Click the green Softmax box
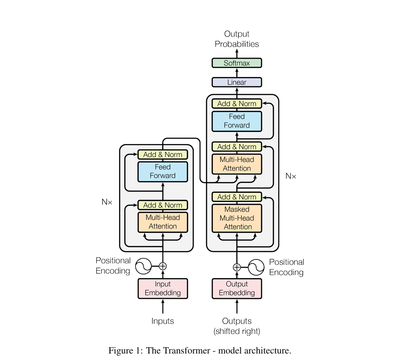pyautogui.click(x=237, y=63)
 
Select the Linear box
pyautogui.click(x=237, y=82)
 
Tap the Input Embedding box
pyautogui.click(x=163, y=289)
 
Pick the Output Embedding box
pyautogui.click(x=237, y=289)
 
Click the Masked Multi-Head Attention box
pyautogui.click(x=237, y=218)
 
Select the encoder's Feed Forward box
pyautogui.click(x=163, y=172)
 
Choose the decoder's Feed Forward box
pyautogui.click(x=237, y=121)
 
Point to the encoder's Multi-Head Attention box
pyautogui.click(x=163, y=222)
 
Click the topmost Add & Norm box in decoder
pyautogui.click(x=237, y=104)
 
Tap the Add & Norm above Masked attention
pyautogui.click(x=237, y=197)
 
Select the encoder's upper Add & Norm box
pyautogui.click(x=163, y=154)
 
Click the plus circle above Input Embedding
pyautogui.click(x=163, y=266)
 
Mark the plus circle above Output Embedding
pyautogui.click(x=237, y=267)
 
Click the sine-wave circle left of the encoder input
pyautogui.click(x=144, y=266)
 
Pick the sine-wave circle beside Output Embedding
pyautogui.click(x=256, y=267)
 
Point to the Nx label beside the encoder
pyautogui.click(x=107, y=202)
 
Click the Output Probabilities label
pyautogui.click(x=237, y=39)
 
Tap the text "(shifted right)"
pyautogui.click(x=237, y=331)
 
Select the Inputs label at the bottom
pyautogui.click(x=163, y=321)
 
